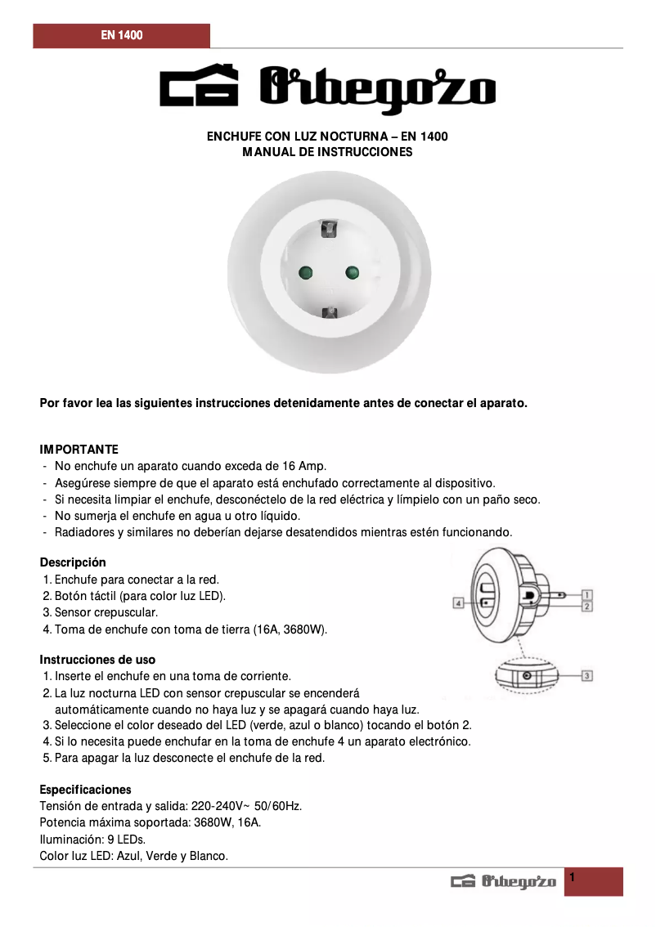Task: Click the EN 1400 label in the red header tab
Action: click(122, 36)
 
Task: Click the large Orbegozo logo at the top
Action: click(327, 87)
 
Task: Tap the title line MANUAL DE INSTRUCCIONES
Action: click(327, 152)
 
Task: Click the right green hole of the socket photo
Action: click(353, 272)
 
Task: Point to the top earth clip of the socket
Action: click(330, 231)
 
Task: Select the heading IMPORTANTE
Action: click(79, 450)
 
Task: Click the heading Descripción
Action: click(74, 562)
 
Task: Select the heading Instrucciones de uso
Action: click(97, 660)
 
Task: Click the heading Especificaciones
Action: click(85, 790)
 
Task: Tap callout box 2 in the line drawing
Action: click(587, 607)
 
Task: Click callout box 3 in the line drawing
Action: click(587, 675)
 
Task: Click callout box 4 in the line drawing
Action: click(459, 603)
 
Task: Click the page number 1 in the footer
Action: click(573, 878)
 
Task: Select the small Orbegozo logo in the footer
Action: click(504, 881)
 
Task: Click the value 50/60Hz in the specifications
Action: click(275, 806)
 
